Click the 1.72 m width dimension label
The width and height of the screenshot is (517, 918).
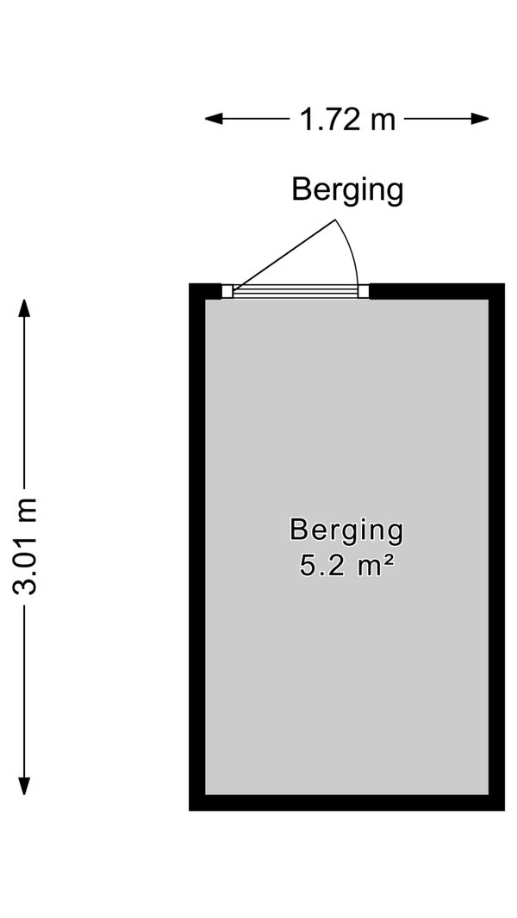[347, 120]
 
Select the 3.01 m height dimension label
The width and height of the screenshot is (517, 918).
[25, 546]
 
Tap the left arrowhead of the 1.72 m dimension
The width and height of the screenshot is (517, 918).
[214, 119]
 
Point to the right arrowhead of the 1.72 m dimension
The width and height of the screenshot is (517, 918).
[480, 119]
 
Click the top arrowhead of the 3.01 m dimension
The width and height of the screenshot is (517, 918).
[24, 308]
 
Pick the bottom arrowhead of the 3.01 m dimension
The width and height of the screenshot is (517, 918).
[24, 785]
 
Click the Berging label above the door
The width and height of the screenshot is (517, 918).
[348, 191]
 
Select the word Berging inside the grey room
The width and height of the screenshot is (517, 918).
[346, 531]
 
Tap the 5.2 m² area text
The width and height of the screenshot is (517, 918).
[346, 566]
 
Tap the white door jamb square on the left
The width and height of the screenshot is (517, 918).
[227, 291]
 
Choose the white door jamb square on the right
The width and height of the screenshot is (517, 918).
[364, 291]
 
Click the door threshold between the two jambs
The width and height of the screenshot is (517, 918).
[296, 291]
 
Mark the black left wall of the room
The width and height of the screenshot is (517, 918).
[196, 547]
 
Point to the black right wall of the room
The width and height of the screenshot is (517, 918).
[496, 547]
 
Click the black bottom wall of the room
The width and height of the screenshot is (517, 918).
[346, 803]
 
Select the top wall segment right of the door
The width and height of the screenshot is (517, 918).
[437, 291]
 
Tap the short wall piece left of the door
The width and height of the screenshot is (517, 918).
[206, 291]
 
